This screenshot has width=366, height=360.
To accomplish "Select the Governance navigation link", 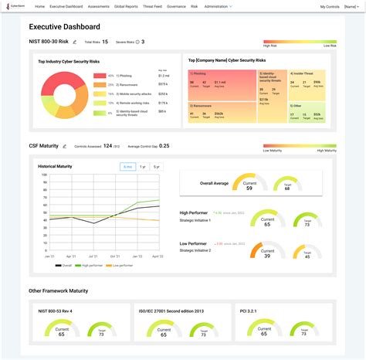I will (x=175, y=6).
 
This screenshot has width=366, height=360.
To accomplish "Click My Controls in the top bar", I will (x=329, y=6).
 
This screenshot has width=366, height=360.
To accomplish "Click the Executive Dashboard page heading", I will (x=64, y=26).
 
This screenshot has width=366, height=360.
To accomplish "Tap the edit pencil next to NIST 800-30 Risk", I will (x=75, y=42).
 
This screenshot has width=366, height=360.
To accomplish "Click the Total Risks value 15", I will (x=104, y=42).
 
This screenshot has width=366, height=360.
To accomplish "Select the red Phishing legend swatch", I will (x=100, y=76).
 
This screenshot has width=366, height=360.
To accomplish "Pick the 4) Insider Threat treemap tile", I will (x=306, y=83).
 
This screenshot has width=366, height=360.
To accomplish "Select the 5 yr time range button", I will (x=158, y=167).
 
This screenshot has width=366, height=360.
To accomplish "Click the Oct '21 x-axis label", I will (x=115, y=256).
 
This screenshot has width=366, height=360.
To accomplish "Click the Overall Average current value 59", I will (x=249, y=188).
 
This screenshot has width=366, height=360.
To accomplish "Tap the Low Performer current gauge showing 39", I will (x=266, y=252).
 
